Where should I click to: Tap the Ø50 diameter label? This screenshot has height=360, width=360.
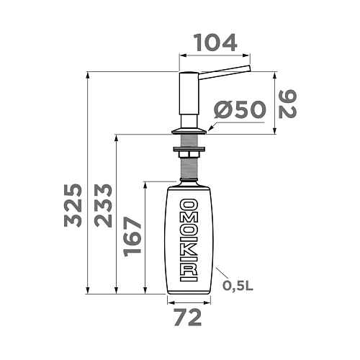click(240, 110)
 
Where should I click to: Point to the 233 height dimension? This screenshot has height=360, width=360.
click(104, 206)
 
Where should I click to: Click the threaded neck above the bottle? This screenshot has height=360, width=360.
click(190, 171)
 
